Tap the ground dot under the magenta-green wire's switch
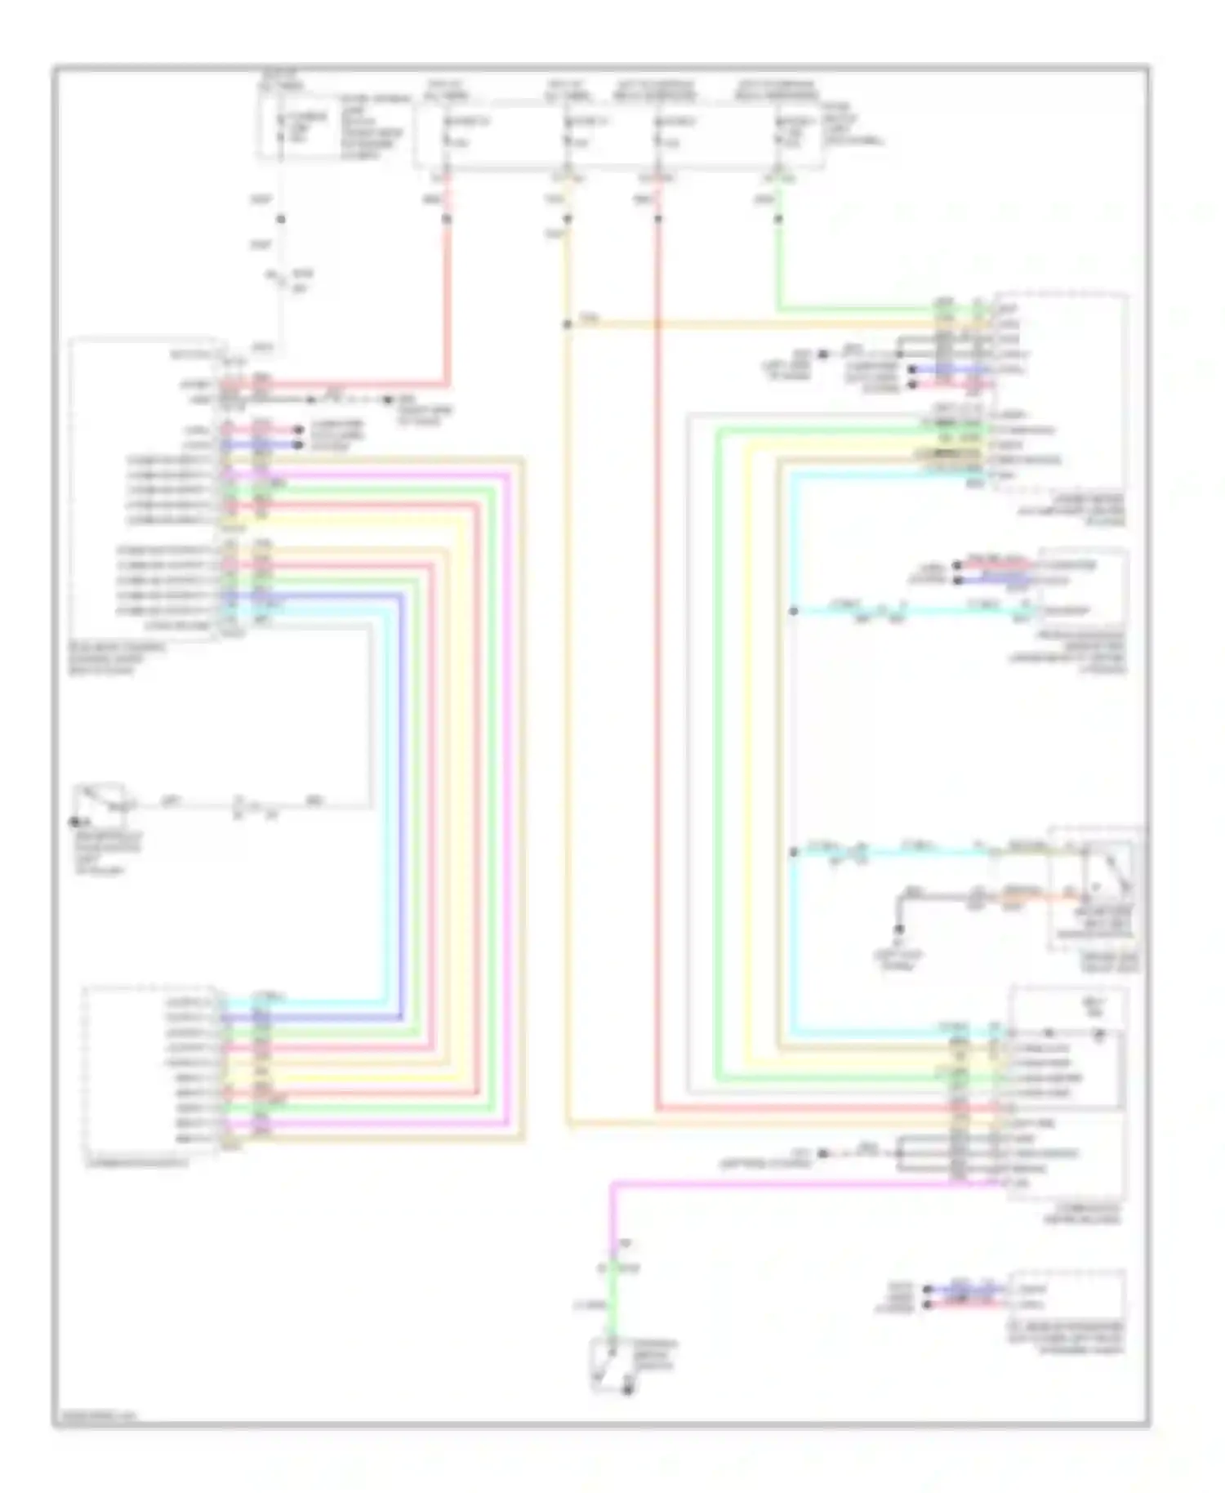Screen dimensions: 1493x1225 [x=627, y=1390]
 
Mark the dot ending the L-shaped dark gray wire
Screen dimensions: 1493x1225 [x=899, y=929]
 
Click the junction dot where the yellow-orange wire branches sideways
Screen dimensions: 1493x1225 [x=567, y=324]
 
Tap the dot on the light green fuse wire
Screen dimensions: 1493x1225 [x=777, y=219]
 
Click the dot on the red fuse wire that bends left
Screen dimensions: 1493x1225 [x=447, y=219]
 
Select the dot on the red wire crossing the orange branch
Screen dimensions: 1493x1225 [x=657, y=219]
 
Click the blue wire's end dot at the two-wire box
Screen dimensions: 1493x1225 [x=928, y=1290]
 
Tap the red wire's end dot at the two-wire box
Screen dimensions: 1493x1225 [x=928, y=1304]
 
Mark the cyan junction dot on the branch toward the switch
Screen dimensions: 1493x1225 [x=793, y=853]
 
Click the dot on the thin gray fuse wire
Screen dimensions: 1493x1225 [x=280, y=219]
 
